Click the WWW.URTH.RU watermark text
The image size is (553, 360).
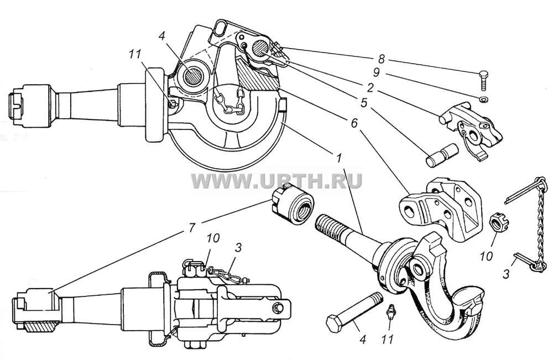click(x=277, y=181)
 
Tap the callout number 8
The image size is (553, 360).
click(x=381, y=60)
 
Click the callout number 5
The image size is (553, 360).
click(x=364, y=103)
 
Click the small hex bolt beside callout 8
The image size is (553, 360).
click(x=483, y=81)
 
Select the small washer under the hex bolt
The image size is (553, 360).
click(x=483, y=99)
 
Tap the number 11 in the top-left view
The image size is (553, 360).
click(x=134, y=54)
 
